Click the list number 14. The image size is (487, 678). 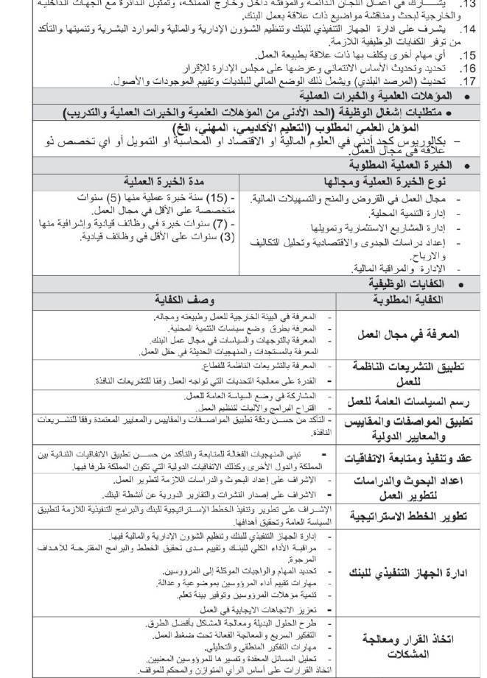(x=467, y=29)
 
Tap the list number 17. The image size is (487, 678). (x=467, y=81)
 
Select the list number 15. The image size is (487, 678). (x=467, y=54)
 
